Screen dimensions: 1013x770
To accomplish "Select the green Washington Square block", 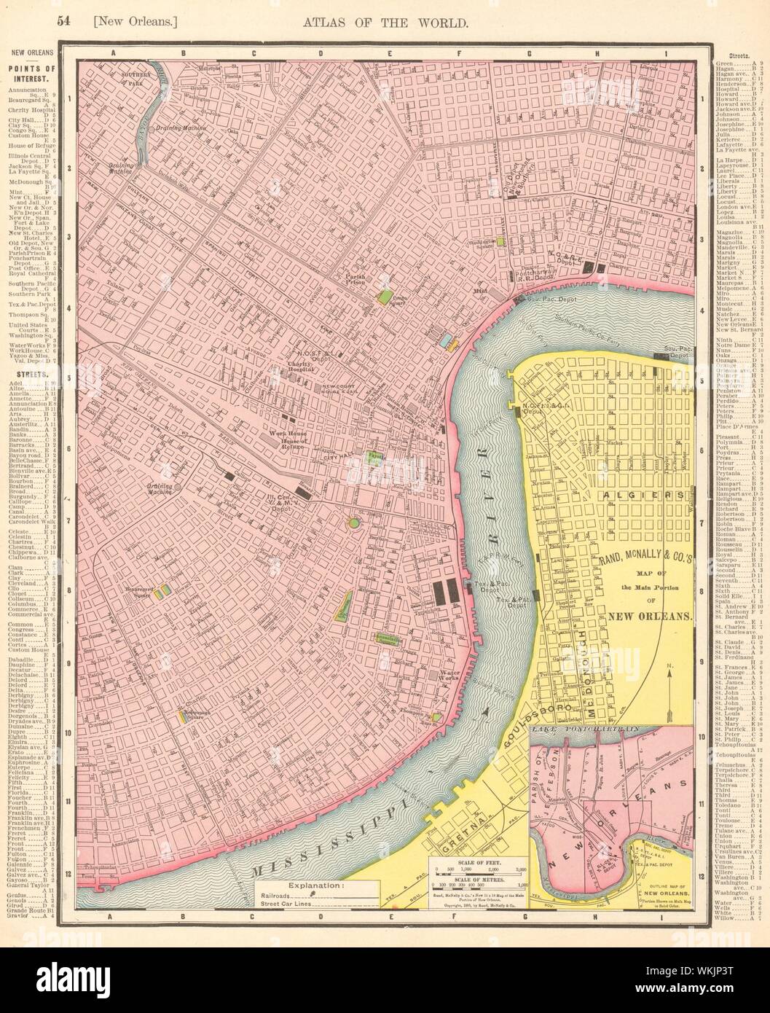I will (x=501, y=240).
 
